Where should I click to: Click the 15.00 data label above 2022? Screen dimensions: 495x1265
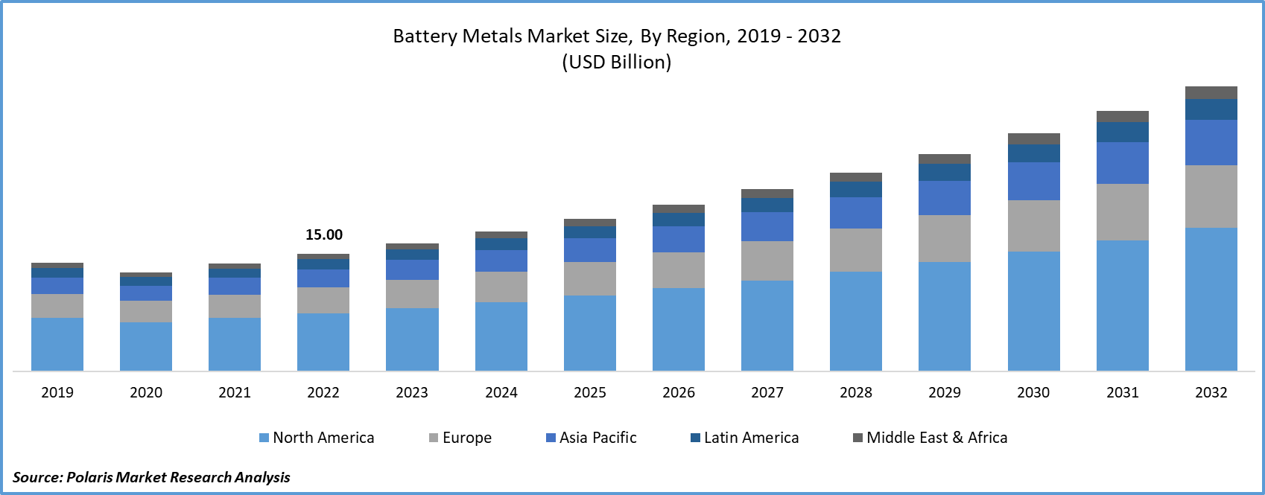(324, 234)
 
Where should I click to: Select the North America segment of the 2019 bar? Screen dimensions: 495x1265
(57, 344)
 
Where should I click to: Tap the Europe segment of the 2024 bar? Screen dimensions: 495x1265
(501, 287)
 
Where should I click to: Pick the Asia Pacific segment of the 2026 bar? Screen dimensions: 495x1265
(679, 239)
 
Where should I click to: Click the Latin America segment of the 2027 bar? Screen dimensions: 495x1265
(767, 205)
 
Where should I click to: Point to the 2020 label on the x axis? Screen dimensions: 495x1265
(146, 392)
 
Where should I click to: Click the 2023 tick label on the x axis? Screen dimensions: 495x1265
(412, 392)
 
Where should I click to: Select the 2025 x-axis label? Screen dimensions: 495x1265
(590, 392)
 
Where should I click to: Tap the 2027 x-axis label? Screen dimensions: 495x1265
(767, 392)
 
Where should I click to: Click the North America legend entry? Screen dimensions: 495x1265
(317, 438)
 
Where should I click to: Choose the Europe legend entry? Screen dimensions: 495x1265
(460, 438)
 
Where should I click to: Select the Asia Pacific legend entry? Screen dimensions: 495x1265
(592, 438)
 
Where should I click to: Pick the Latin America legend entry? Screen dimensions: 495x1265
(745, 438)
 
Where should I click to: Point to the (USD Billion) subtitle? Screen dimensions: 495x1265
(617, 62)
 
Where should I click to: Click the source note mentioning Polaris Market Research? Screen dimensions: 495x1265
(151, 477)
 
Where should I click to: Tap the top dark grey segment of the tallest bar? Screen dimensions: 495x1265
(1211, 92)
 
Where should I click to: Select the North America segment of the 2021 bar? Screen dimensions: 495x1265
(235, 344)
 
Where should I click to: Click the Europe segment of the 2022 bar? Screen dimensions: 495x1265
(323, 300)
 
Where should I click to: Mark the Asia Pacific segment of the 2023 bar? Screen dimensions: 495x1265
(412, 269)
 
